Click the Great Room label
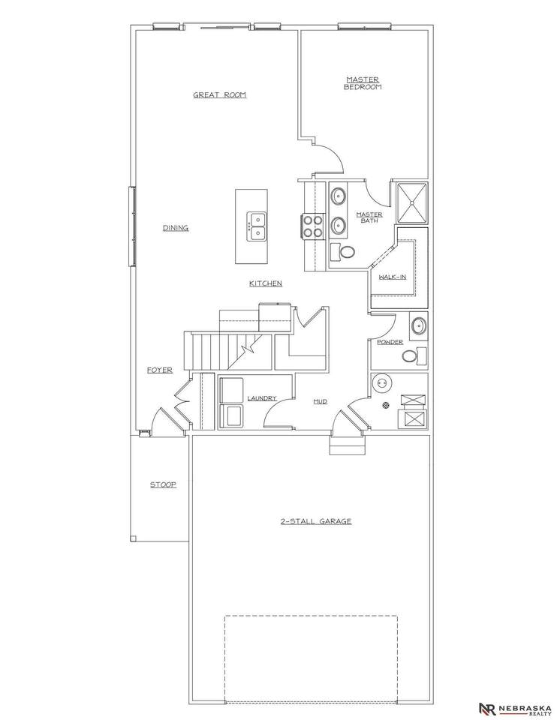pyautogui.click(x=220, y=95)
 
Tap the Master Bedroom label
pyautogui.click(x=363, y=83)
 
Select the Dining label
pyautogui.click(x=176, y=228)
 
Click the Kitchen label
pyautogui.click(x=266, y=283)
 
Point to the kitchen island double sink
pyautogui.click(x=257, y=226)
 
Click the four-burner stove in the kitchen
pyautogui.click(x=312, y=226)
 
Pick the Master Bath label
pyautogui.click(x=369, y=217)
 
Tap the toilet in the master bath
pyautogui.click(x=343, y=252)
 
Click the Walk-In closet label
pyautogui.click(x=393, y=277)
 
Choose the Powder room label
pyautogui.click(x=390, y=342)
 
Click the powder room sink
pyautogui.click(x=419, y=325)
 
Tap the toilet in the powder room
pyautogui.click(x=414, y=355)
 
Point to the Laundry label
pyautogui.click(x=262, y=398)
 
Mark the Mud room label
pyautogui.click(x=321, y=401)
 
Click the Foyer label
pyautogui.click(x=160, y=370)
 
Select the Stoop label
pyautogui.click(x=163, y=484)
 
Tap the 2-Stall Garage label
pyautogui.click(x=316, y=521)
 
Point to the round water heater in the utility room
pyautogui.click(x=382, y=383)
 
